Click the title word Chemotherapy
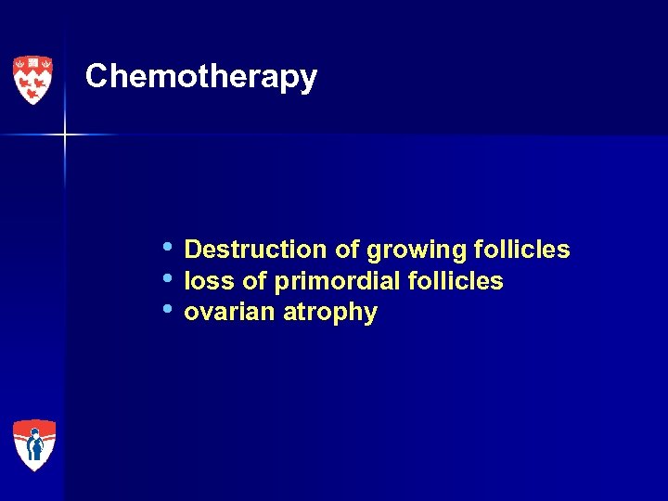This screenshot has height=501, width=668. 200,77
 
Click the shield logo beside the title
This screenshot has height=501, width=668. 32,80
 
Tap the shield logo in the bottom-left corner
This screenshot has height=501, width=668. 34,444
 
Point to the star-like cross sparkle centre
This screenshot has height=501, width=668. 65,135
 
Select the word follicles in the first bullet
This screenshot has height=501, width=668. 520,250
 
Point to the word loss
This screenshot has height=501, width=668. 209,281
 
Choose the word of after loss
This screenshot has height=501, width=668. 254,281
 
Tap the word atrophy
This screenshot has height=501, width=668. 330,314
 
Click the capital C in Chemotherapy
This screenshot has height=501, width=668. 97,76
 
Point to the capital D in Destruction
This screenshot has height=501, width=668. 193,250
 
